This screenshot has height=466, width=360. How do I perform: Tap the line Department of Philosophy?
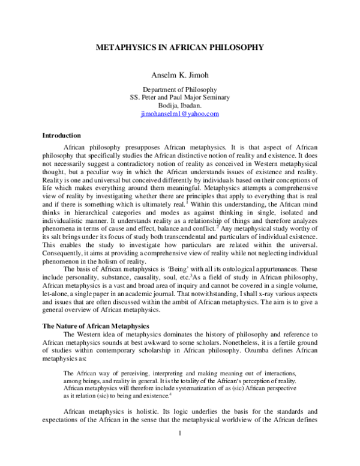(x=179, y=89)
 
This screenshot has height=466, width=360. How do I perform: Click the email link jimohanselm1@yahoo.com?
(x=179, y=113)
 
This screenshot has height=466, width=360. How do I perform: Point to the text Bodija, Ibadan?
(x=179, y=105)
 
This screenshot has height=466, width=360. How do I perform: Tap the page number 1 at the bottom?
(x=179, y=450)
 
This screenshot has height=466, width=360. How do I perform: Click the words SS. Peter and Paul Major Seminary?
(x=179, y=97)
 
